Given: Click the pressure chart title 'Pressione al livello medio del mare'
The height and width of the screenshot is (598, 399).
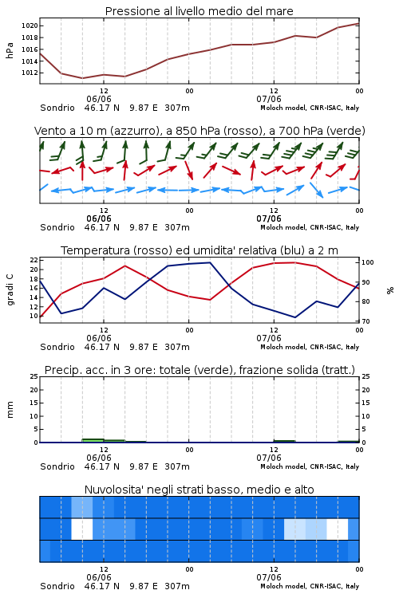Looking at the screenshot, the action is (199, 11).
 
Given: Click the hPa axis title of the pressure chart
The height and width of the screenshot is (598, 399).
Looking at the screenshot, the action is (10, 50).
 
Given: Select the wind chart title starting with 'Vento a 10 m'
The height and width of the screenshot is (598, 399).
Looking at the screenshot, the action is (199, 131).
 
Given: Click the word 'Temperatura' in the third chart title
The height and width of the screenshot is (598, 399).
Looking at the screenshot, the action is (96, 250).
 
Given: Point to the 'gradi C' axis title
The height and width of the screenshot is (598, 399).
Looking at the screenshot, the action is (10, 289).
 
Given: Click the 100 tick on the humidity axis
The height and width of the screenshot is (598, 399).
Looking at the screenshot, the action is (368, 262).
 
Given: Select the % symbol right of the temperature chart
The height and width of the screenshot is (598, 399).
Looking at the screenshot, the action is (390, 290).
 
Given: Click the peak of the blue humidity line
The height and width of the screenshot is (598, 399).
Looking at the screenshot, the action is (210, 262).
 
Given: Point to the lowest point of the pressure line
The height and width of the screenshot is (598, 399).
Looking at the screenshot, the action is (82, 78).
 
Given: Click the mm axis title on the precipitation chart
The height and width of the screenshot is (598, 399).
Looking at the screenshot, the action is (10, 410).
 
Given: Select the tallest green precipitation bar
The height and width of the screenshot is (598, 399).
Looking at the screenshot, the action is (93, 440).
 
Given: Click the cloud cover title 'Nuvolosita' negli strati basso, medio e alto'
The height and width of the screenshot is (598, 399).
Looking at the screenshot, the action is (199, 490).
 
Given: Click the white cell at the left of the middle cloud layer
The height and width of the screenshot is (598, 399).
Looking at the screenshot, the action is (82, 529).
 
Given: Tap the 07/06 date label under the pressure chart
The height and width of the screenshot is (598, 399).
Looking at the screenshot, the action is (269, 99).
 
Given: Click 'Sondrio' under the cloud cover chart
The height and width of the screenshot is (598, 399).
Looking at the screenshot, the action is (57, 586).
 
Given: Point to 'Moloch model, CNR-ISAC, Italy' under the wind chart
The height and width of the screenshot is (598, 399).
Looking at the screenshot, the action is (310, 227).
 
